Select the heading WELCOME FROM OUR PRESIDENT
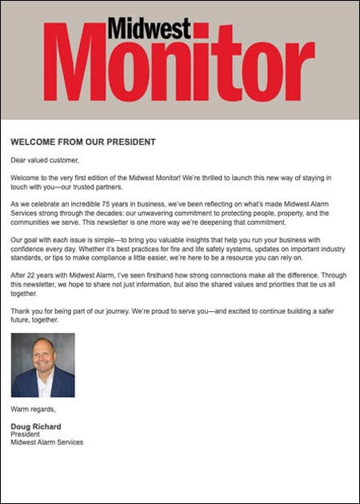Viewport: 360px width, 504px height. (x=82, y=142)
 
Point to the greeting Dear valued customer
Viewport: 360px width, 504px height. (x=45, y=160)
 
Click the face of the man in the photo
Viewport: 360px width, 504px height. (x=42, y=357)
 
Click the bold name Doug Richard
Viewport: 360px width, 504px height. (x=36, y=426)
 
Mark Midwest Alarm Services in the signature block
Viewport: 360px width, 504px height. (x=47, y=442)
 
